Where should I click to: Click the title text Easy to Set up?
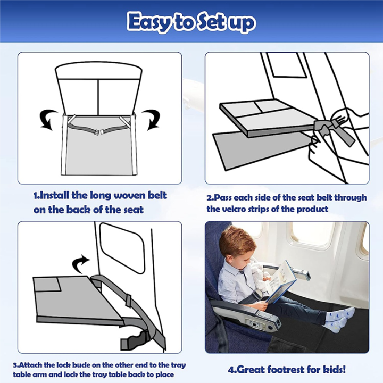(191, 22)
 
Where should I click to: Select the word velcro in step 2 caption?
(241, 209)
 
